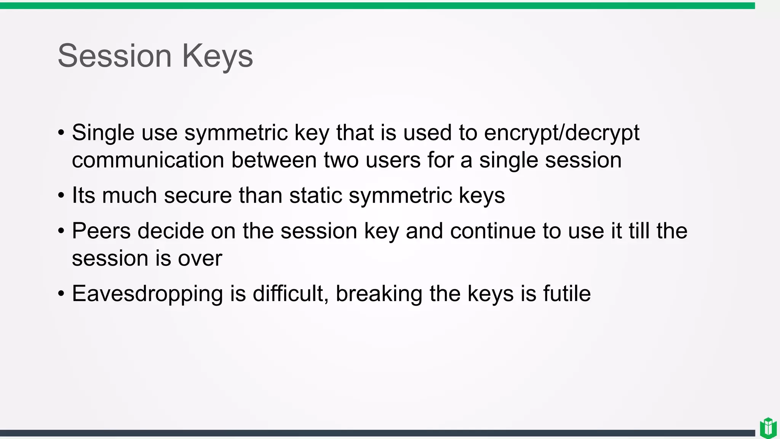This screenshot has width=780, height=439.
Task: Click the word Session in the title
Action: (114, 56)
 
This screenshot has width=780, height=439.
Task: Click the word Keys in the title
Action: (217, 56)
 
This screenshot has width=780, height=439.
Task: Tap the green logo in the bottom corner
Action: (768, 428)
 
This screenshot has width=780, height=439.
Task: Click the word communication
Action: (148, 160)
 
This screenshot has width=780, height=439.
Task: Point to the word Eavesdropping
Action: (147, 294)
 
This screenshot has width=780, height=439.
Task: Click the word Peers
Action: (101, 231)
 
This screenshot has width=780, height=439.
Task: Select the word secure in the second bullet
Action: (197, 195)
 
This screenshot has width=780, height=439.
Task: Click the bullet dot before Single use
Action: (61, 133)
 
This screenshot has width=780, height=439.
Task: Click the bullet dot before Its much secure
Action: (61, 196)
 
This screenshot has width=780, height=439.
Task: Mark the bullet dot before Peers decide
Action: (61, 231)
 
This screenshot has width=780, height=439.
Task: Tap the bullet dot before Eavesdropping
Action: (61, 294)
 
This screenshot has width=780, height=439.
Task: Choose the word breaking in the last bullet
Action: (379, 294)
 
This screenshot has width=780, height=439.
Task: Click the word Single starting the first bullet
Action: (103, 133)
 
